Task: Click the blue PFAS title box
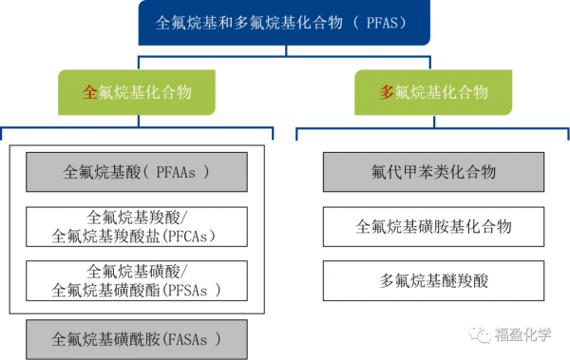coord(284,23)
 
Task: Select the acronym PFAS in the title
coord(382,23)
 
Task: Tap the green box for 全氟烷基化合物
coord(137,92)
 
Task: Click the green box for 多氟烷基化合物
coord(433,92)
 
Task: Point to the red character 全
coord(90,92)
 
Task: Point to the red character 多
coord(387,92)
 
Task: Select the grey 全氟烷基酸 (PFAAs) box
coord(137,172)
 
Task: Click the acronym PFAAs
coord(176,172)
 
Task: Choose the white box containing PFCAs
coord(137,227)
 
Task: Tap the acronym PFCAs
coord(188,237)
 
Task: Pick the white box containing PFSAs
coord(137,281)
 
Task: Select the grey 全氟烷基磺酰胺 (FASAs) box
coord(137,340)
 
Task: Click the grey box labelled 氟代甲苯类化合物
coord(434,172)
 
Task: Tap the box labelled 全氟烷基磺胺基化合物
coord(434,227)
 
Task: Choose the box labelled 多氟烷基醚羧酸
coord(434,281)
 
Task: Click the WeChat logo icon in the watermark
coord(480,334)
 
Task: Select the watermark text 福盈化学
coord(522,334)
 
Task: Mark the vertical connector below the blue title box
coord(286,51)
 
